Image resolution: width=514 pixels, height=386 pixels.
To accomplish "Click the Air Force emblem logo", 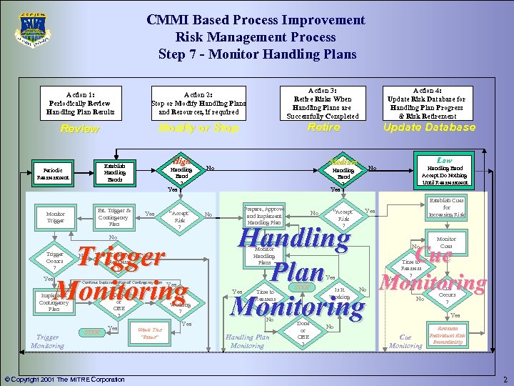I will pos(32,30).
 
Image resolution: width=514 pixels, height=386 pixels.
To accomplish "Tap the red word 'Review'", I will pos(79,129).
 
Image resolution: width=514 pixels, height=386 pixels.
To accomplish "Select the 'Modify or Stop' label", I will pos(198,128).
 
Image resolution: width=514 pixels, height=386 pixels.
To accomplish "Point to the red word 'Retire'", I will pos(323,127).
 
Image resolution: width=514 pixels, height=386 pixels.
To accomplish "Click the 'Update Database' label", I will pos(429,127).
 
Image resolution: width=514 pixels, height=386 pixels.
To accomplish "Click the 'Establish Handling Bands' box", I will pos(114,172).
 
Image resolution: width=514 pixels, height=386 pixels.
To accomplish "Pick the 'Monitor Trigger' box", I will pos(56,217).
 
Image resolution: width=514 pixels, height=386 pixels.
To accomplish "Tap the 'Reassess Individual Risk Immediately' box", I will pos(448,335).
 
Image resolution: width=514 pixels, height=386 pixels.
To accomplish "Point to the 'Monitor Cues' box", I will pos(446,243).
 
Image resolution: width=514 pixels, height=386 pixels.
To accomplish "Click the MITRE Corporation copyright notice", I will pos(64,379).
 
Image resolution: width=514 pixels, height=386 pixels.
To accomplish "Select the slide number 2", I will pos(504,379).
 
